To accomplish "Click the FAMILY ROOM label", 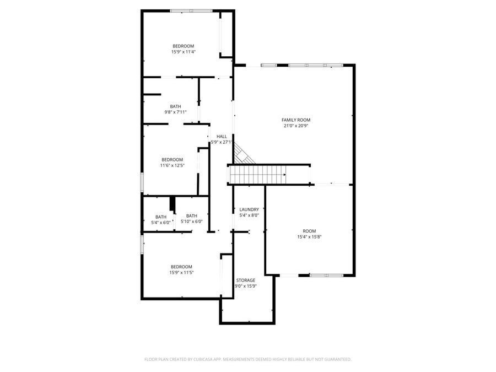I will [296, 120].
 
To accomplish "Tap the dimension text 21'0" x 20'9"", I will [296, 126].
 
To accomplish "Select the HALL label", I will [222, 136].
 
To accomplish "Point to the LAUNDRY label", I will [249, 209].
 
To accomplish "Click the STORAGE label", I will [245, 280].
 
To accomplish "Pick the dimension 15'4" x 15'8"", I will [309, 237].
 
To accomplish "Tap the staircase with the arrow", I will [257, 176].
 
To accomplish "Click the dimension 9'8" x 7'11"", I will [175, 112].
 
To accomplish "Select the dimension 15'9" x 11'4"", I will [184, 52].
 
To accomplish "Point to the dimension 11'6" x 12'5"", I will [171, 165].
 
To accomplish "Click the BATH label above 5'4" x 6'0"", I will [161, 217].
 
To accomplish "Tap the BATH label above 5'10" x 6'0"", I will [192, 216].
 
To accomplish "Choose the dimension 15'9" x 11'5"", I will [181, 272].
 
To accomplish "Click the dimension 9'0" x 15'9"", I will [245, 286].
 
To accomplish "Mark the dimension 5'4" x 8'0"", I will [249, 215].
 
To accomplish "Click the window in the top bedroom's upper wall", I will [191, 10].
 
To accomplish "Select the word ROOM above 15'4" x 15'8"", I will [309, 231].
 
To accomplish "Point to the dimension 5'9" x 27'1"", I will [222, 142].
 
